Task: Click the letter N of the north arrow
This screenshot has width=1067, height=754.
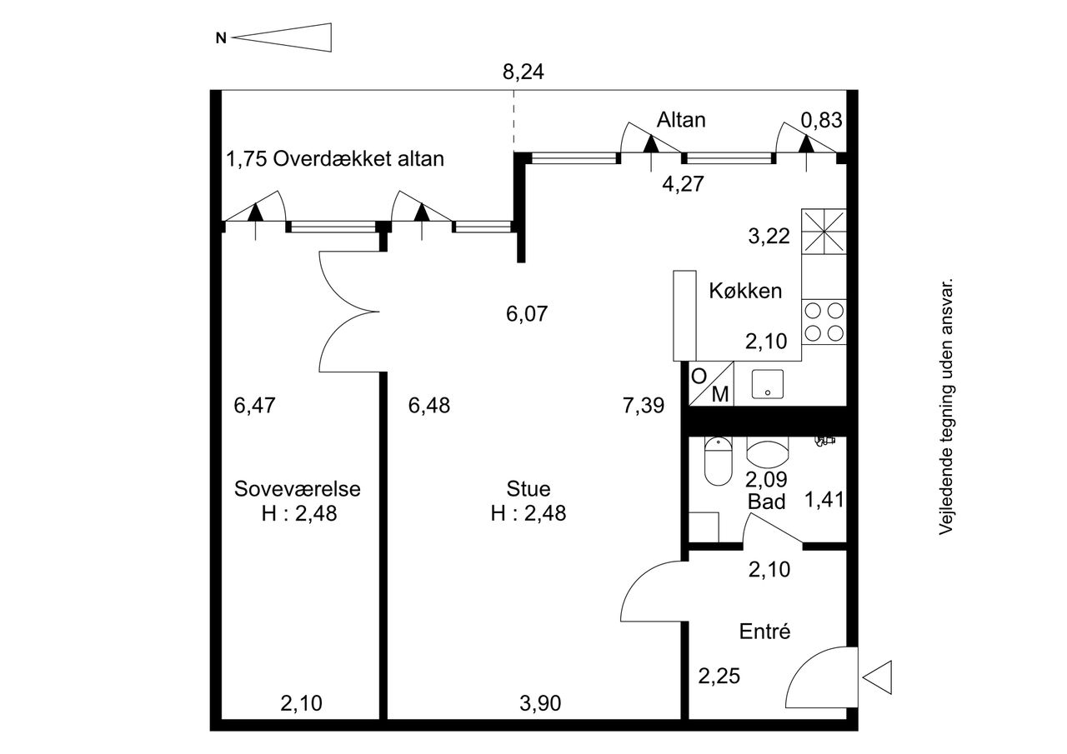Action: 221,38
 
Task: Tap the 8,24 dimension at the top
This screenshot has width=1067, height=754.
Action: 523,72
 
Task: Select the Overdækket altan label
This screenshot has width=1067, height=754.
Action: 358,158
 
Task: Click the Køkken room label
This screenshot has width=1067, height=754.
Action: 745,291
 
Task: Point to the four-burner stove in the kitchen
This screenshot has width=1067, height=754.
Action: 824,322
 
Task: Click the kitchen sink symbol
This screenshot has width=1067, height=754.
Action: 768,384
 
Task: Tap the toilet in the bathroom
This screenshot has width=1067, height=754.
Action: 718,462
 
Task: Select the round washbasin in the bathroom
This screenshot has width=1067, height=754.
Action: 768,452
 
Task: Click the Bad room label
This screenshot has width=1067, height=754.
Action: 766,502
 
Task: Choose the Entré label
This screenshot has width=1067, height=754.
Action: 764,632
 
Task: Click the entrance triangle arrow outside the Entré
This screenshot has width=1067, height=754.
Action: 877,677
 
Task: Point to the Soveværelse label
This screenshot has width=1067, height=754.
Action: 298,489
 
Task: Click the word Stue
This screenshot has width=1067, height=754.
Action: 528,489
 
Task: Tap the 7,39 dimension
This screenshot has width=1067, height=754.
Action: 644,405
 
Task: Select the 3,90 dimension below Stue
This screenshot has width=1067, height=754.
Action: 540,703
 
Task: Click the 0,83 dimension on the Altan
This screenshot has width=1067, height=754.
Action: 822,120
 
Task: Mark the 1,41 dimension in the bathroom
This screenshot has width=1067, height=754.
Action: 824,499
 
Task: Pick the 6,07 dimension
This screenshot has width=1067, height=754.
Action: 527,314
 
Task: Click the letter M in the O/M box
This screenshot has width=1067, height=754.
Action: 720,394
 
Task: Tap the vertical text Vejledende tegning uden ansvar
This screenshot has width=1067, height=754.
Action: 945,406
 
